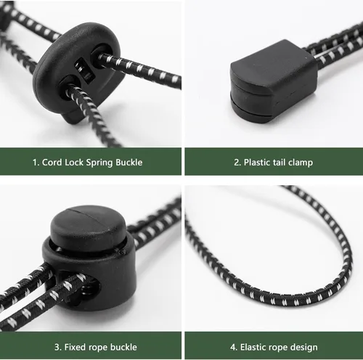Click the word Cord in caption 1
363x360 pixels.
(52, 162)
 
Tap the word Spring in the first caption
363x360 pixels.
(99, 163)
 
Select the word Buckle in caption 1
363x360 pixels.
(129, 162)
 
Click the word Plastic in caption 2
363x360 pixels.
(257, 162)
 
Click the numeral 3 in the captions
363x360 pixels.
(57, 347)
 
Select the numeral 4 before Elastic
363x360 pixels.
(233, 347)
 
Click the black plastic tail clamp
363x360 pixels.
(274, 81)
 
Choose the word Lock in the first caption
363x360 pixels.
(74, 162)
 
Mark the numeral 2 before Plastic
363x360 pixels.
(237, 162)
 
